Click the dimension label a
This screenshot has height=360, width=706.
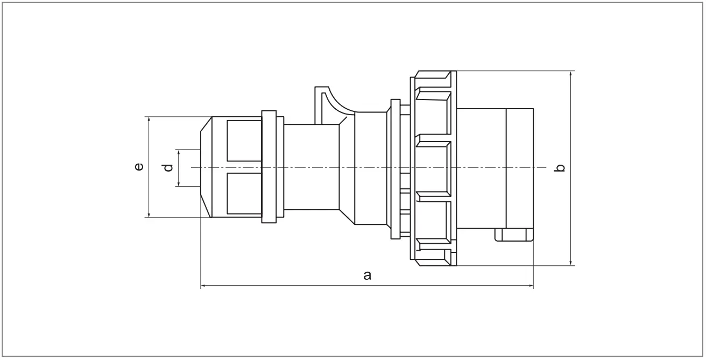(x=367, y=276)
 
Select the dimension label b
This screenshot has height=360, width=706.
(x=561, y=168)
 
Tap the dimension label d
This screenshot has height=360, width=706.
(x=168, y=168)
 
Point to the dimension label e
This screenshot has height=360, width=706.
(x=139, y=167)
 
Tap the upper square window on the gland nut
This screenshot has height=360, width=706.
(x=244, y=140)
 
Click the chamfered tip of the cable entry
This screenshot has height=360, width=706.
(x=205, y=167)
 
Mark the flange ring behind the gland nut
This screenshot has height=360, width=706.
(x=272, y=167)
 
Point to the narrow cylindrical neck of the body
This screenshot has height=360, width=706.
(x=310, y=167)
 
